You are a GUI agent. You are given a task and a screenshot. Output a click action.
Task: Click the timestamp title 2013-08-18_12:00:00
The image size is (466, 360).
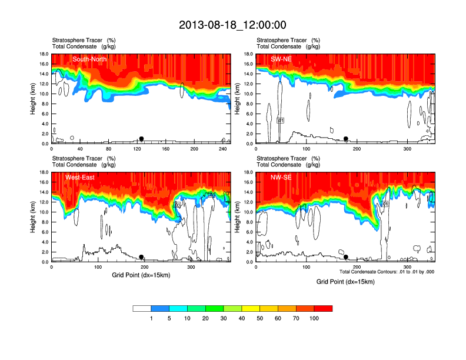click(232, 25)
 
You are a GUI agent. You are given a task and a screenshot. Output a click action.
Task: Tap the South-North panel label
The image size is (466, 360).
click(90, 59)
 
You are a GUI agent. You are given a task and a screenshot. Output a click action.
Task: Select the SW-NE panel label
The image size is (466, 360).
click(281, 59)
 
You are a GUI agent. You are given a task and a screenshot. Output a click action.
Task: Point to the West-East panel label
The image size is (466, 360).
click(85, 177)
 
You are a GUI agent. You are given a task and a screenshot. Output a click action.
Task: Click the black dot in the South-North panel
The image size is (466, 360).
click(141, 139)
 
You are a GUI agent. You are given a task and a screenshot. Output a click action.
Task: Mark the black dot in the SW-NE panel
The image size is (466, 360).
click(346, 139)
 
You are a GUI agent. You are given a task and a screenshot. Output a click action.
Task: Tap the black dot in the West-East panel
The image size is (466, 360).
click(141, 257)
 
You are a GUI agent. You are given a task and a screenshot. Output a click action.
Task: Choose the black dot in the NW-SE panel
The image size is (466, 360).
click(346, 257)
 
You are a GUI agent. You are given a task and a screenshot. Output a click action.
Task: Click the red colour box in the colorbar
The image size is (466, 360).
click(323, 308)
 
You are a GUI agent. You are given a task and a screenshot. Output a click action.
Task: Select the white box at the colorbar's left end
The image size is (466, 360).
click(142, 308)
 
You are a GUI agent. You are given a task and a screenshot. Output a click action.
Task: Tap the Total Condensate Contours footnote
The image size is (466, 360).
click(387, 271)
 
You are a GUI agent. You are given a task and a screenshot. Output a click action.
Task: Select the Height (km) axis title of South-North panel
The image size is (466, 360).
click(34, 98)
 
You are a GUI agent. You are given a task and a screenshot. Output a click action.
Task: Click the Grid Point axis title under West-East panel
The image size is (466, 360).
click(141, 275)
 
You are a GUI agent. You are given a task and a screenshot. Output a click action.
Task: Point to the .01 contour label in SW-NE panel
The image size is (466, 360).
click(280, 121)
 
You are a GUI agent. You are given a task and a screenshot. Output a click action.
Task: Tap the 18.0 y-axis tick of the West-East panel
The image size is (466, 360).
click(42, 172)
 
